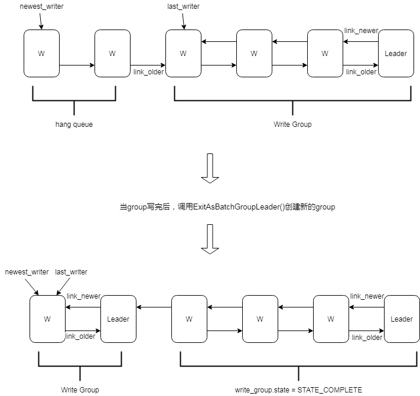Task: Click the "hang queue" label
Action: click(x=74, y=125)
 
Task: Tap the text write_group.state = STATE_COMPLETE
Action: click(x=298, y=390)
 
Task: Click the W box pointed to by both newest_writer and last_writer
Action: click(x=47, y=319)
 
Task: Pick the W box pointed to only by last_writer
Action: click(x=183, y=54)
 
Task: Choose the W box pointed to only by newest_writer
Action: click(x=41, y=54)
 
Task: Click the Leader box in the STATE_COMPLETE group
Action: click(x=402, y=319)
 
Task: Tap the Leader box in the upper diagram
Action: click(x=396, y=54)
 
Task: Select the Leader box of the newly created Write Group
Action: click(x=118, y=319)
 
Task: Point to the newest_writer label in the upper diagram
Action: click(x=41, y=6)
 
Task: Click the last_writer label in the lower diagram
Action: click(x=71, y=272)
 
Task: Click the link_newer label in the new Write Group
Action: click(x=83, y=296)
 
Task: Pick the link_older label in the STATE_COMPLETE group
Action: click(x=367, y=338)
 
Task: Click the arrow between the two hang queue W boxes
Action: click(x=77, y=65)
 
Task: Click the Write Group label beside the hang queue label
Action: click(x=292, y=125)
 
